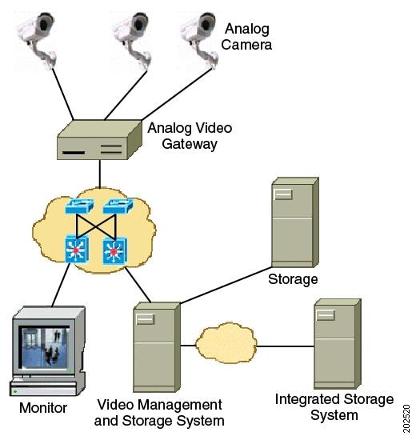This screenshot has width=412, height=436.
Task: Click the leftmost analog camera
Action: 38,39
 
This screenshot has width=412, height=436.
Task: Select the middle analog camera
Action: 133,40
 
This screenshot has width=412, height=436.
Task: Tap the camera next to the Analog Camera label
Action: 200,40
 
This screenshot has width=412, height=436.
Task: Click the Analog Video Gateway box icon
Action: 99,140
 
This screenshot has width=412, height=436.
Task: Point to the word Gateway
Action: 190,144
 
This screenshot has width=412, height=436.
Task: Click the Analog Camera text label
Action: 246,37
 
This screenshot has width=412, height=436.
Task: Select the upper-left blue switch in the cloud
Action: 80,206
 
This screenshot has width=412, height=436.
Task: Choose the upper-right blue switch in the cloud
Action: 118,206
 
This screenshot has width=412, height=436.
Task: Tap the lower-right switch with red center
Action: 115,251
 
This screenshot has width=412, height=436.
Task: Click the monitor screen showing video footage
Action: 46,347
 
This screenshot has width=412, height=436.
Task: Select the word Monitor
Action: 43,408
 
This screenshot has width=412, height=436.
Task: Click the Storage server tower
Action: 295,222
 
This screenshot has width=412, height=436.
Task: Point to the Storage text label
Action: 293,279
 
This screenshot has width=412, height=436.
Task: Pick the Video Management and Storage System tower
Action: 157,347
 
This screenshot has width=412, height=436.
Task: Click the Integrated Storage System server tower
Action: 338,344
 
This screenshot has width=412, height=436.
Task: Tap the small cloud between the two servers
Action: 226,342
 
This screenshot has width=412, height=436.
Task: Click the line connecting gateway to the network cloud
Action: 99,174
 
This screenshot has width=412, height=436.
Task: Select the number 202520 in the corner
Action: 406,418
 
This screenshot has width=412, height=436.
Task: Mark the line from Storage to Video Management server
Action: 226,285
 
